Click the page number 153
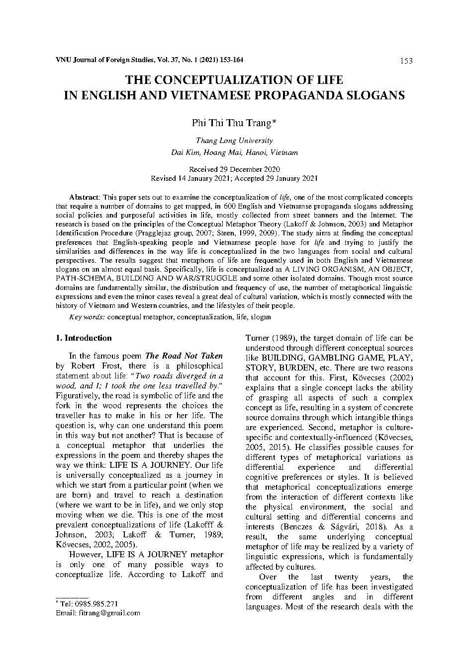click(406, 61)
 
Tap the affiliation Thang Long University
click(234, 141)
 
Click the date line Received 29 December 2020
click(234, 169)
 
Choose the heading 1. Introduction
click(84, 338)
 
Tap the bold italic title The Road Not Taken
click(184, 356)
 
